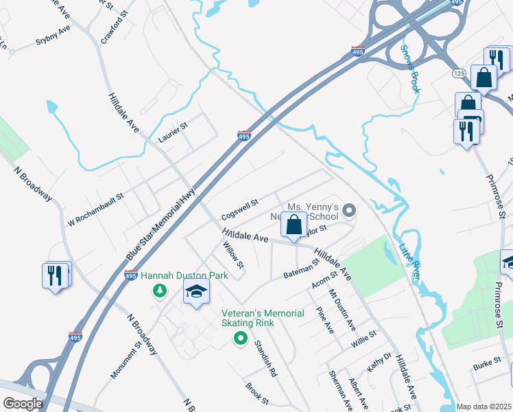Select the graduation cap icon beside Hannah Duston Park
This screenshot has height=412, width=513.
tap(196, 293)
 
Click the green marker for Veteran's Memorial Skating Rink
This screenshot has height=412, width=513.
tap(240, 337)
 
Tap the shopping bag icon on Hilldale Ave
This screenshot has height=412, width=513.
tap(294, 224)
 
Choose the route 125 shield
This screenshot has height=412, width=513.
tap(460, 73)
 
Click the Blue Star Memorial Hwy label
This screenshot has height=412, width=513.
tap(160, 225)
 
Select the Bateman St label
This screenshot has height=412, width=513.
tap(302, 269)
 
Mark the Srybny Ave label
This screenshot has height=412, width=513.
tap(53, 36)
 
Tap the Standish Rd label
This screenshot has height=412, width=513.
tap(265, 358)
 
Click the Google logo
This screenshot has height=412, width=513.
tap(23, 404)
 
